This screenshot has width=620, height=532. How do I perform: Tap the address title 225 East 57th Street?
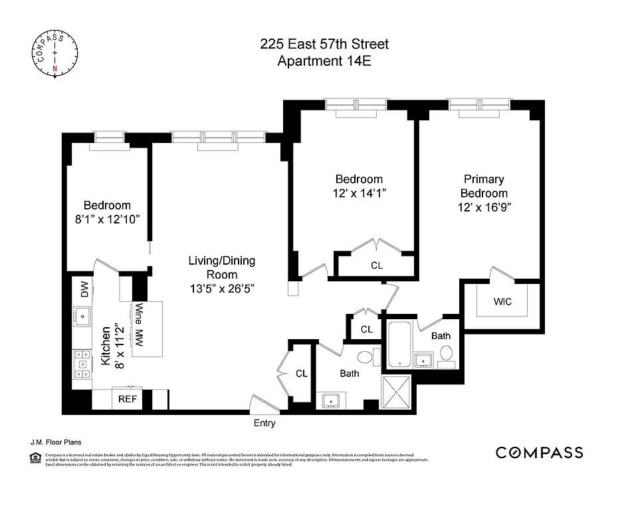pos(324,45)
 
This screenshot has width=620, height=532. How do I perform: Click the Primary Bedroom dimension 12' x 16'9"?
pos(483,207)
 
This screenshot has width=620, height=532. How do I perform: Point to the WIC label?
pos(502,301)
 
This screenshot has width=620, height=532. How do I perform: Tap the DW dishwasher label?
pos(84,289)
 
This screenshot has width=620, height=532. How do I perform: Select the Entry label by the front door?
pos(264,423)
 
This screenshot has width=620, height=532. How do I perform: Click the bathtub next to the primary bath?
pos(399,344)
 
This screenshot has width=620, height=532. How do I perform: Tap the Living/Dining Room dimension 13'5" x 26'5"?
pos(221,289)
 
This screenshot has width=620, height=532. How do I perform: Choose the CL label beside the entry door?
pos(301,374)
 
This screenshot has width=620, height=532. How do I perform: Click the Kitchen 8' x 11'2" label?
pos(112,344)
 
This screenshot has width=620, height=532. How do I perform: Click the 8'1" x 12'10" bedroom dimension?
pos(106,219)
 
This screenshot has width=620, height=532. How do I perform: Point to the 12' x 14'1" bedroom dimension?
pos(359,194)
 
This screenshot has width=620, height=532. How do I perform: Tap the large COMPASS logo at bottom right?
pos(539,453)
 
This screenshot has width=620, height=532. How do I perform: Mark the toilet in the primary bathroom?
pos(447,353)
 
